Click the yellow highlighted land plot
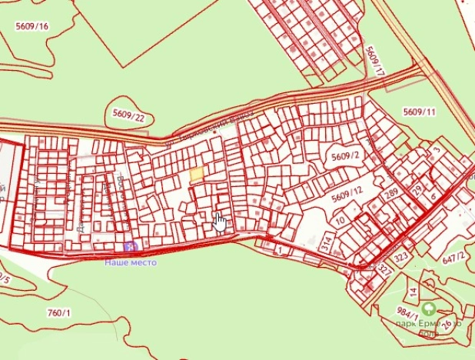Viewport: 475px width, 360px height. tap(197, 175)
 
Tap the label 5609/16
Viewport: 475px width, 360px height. tap(32, 26)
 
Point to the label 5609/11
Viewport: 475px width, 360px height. tap(419, 112)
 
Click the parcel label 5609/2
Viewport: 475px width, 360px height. tap(346, 156)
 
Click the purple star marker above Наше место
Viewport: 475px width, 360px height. tap(130, 247)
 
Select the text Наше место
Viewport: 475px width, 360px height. tap(131, 262)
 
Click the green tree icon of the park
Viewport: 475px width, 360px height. tap(431, 310)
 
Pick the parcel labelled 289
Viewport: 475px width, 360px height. tap(392, 194)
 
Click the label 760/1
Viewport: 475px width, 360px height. tap(58, 312)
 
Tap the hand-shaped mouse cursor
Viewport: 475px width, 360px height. tap(221, 222)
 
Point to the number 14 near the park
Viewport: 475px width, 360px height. tap(413, 293)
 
